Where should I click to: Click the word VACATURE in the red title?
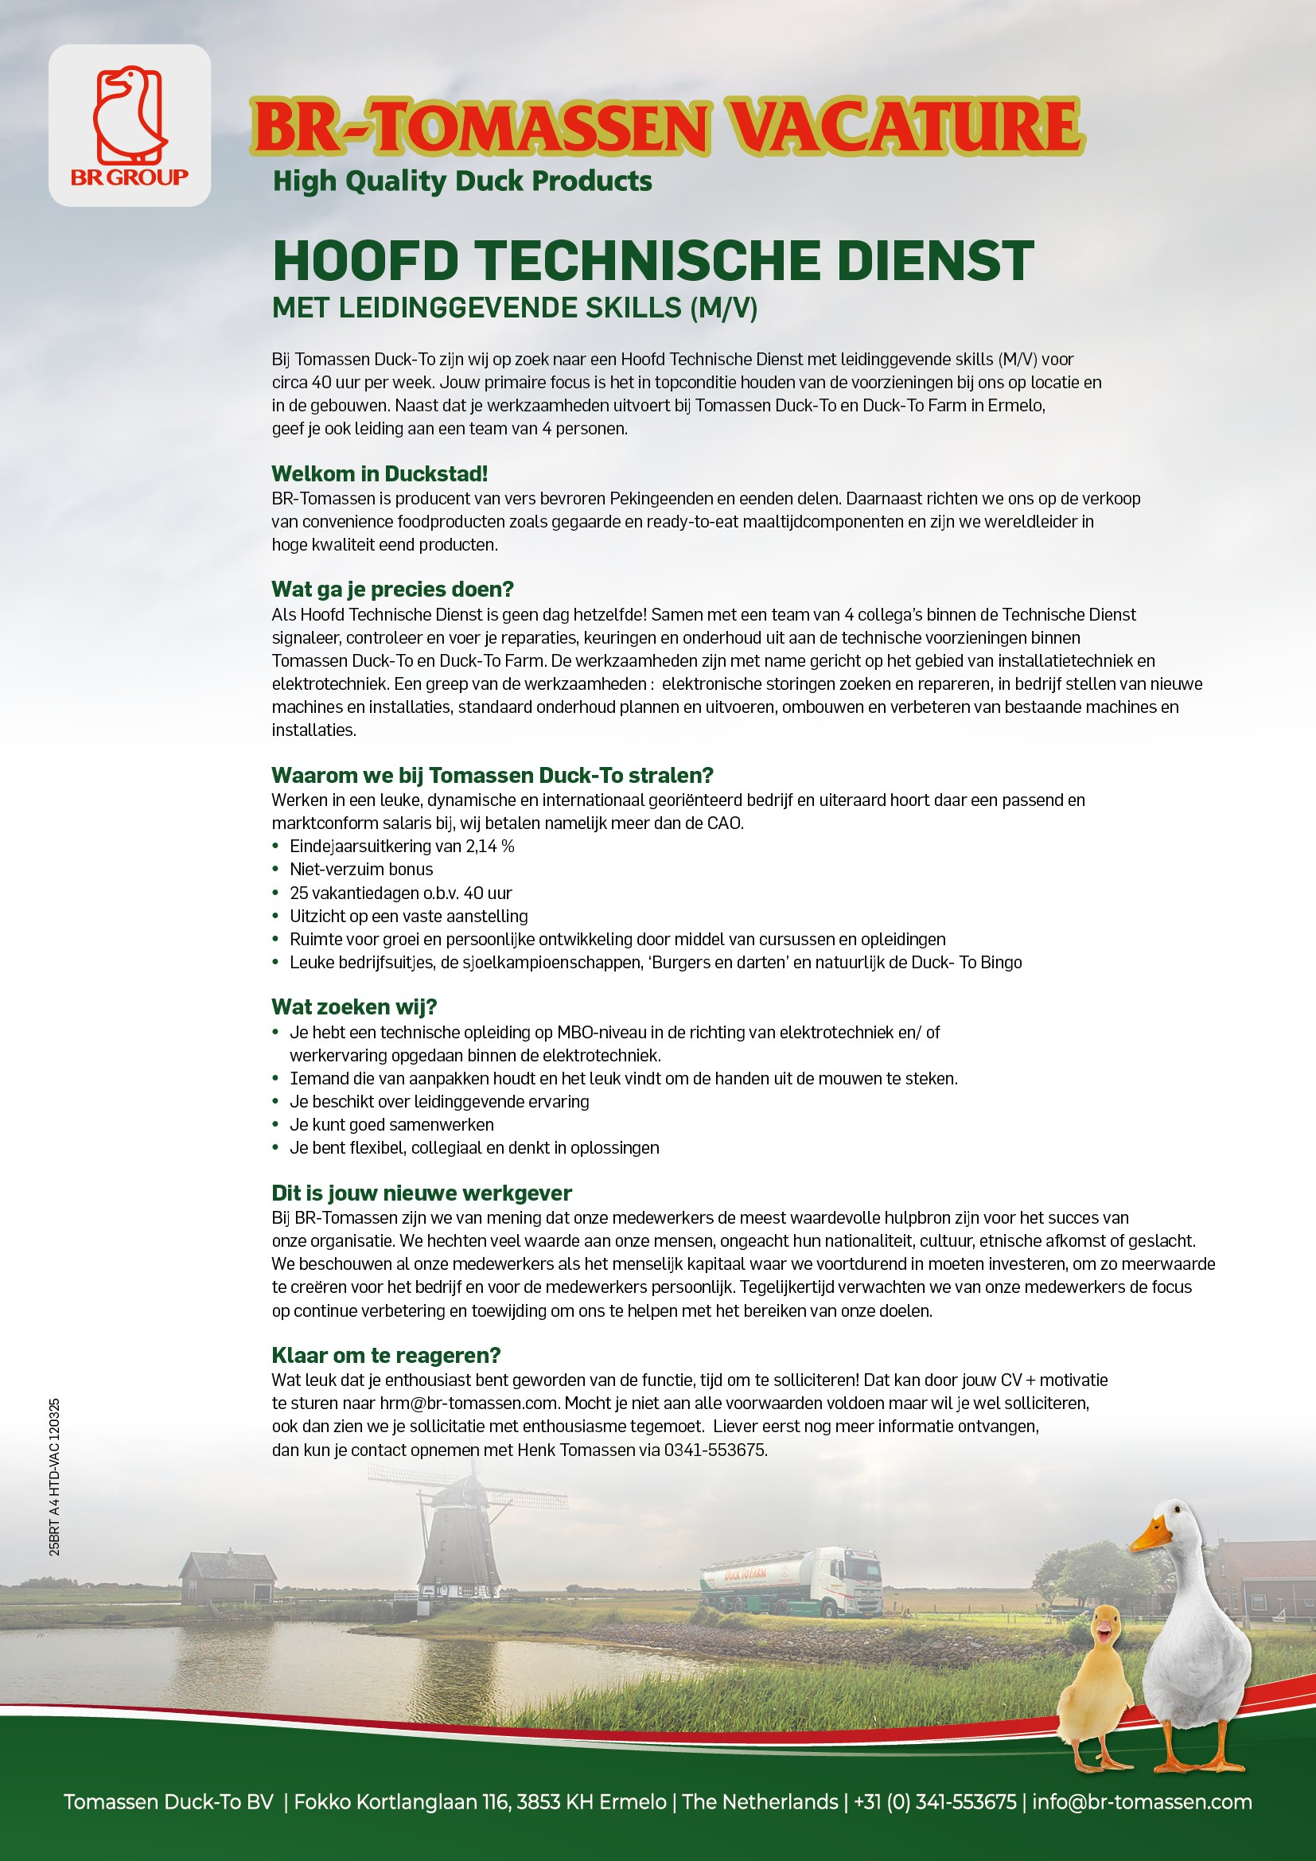pyautogui.click(x=905, y=127)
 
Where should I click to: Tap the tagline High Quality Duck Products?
pyautogui.click(x=462, y=181)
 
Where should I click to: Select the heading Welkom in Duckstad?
pyautogui.click(x=380, y=473)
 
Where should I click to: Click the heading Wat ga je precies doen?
pyautogui.click(x=392, y=590)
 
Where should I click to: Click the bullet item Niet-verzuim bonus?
pyautogui.click(x=361, y=870)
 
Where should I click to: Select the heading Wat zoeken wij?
pyautogui.click(x=354, y=1006)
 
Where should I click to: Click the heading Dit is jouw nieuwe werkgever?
pyautogui.click(x=422, y=1193)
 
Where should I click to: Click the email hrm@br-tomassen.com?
pyautogui.click(x=469, y=1403)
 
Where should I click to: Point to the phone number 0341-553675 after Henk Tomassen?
pyautogui.click(x=714, y=1450)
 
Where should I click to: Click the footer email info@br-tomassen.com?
pyautogui.click(x=1142, y=1802)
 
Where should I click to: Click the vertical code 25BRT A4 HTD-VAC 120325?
pyautogui.click(x=54, y=1476)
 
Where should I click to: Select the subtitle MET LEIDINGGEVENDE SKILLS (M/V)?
pyautogui.click(x=515, y=308)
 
